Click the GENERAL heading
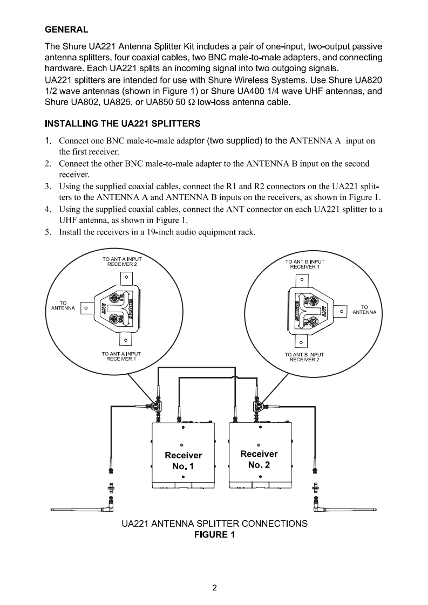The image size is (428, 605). pyautogui.click(x=66, y=28)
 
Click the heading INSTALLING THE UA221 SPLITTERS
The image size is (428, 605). pyautogui.click(x=123, y=123)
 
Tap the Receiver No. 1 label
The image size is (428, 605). pyautogui.click(x=184, y=460)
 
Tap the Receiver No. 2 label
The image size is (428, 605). pyautogui.click(x=259, y=459)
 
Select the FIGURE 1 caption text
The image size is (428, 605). pyautogui.click(x=214, y=535)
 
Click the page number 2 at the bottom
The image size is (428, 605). pyautogui.click(x=214, y=588)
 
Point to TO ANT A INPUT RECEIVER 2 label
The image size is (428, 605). pyautogui.click(x=122, y=262)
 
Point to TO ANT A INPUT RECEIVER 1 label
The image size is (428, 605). pyautogui.click(x=121, y=356)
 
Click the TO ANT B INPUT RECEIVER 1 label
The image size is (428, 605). pyautogui.click(x=305, y=264)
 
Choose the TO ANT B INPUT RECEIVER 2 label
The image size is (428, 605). pyautogui.click(x=304, y=357)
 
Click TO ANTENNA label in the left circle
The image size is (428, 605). pyautogui.click(x=63, y=306)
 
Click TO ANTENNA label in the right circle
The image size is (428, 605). pyautogui.click(x=364, y=310)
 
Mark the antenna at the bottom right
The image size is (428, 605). pyautogui.click(x=345, y=508)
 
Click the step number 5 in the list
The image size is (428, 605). pyautogui.click(x=47, y=232)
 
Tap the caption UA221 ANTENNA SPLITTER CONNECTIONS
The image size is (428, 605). pyautogui.click(x=214, y=524)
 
